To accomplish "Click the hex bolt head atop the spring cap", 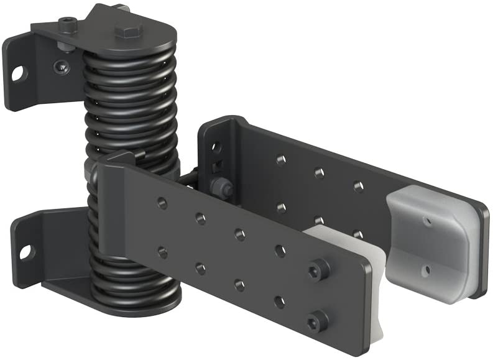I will point(128,30).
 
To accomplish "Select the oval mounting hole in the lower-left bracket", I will point(25,252).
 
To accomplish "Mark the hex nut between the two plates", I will point(220,185).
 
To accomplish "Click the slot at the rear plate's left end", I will point(216,148).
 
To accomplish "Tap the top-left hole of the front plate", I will point(162,201).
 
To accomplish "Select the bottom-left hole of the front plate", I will point(162,252).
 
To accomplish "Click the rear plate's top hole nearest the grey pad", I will point(358,185).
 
